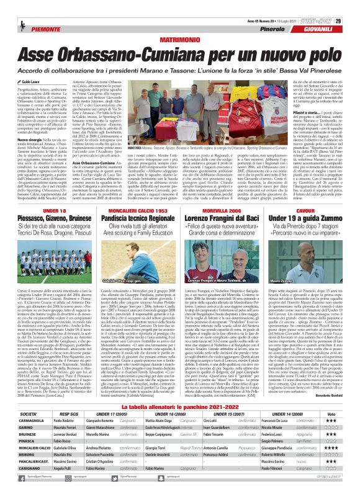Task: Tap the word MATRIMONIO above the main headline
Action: [180, 20]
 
